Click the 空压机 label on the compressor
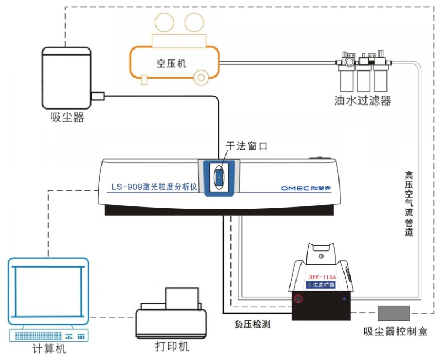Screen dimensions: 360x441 [171, 63]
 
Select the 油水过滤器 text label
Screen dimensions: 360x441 [363, 101]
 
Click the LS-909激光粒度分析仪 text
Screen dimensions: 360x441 [154, 187]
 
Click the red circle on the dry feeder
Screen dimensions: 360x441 [298, 299]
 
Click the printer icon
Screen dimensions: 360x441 [171, 314]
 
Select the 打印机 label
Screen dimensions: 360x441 [172, 347]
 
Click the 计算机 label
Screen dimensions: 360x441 [50, 350]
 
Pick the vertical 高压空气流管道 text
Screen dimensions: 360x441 [409, 204]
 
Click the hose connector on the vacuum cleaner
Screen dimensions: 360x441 [97, 97]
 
